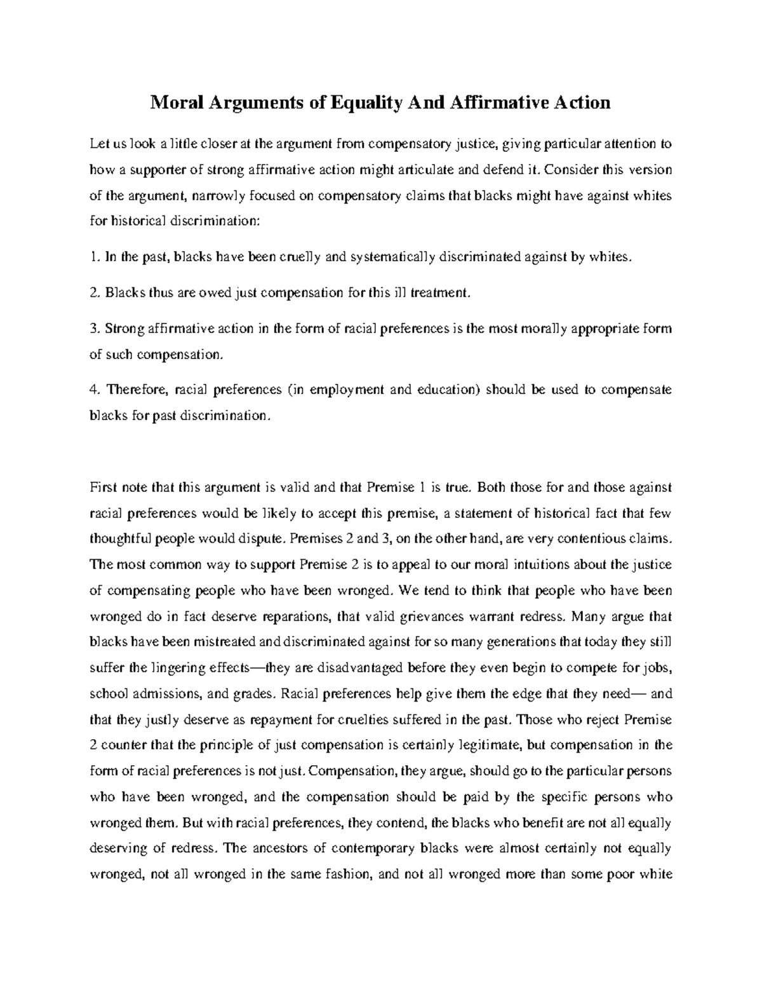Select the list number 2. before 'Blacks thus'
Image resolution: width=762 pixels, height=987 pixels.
click(x=94, y=294)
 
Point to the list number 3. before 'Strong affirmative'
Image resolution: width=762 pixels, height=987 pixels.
click(x=94, y=329)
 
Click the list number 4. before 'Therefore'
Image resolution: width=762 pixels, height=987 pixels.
click(x=94, y=390)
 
